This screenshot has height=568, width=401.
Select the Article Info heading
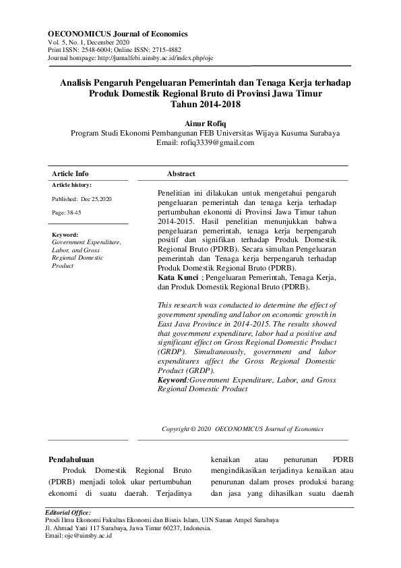(x=70, y=173)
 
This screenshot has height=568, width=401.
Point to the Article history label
(x=72, y=185)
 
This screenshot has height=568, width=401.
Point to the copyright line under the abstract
(x=243, y=428)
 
